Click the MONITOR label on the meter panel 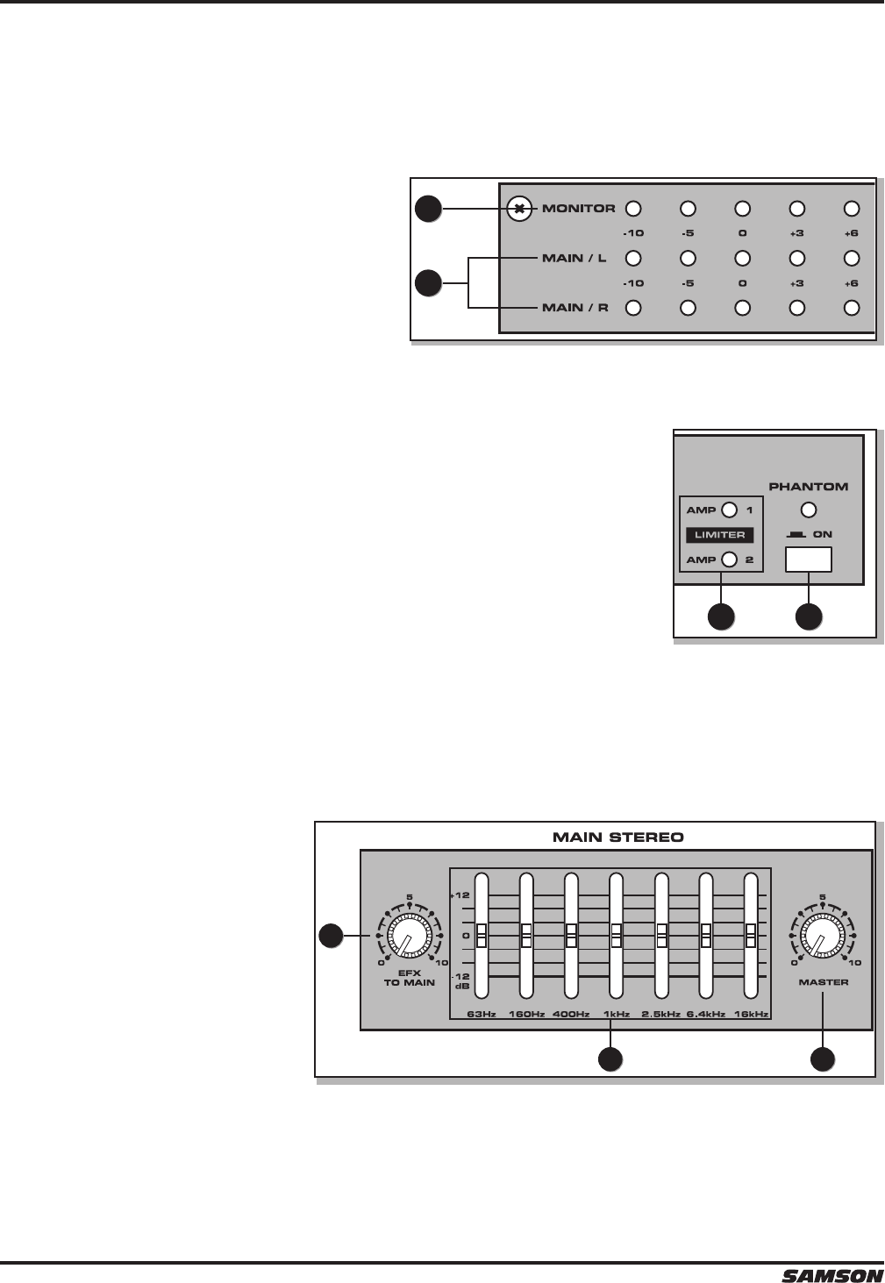(578, 209)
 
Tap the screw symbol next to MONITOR (519, 209)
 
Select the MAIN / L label (575, 258)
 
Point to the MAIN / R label (575, 308)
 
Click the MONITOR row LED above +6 (851, 209)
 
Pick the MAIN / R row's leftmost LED (633, 308)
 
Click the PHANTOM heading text (808, 486)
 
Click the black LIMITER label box (720, 535)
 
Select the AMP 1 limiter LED (729, 510)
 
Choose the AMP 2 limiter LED (729, 560)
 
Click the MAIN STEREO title (617, 837)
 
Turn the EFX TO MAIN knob (406, 937)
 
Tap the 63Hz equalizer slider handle (481, 935)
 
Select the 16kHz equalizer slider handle (750, 935)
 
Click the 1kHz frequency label (617, 1015)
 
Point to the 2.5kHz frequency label (661, 1015)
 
